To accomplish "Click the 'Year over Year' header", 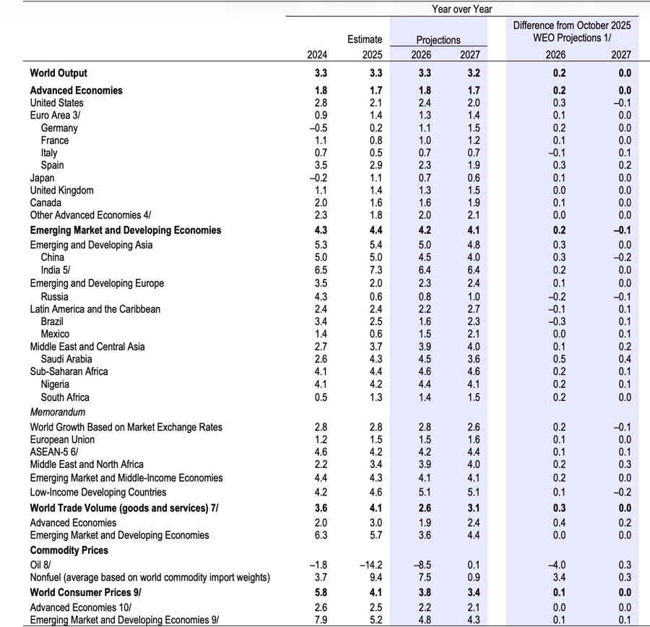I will click(x=462, y=9).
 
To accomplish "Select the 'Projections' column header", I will click(x=438, y=40).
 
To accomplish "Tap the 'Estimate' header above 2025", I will click(x=364, y=40).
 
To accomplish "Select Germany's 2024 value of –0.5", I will click(x=316, y=128).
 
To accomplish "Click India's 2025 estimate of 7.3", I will click(x=373, y=269).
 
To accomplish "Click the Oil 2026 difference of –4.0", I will click(x=555, y=564).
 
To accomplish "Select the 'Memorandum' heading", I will click(x=58, y=412).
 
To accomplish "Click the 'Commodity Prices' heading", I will click(x=69, y=550).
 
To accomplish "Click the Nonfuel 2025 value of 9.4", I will click(x=373, y=577).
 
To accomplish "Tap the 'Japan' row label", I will click(x=42, y=178).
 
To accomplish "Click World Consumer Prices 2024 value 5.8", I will click(x=318, y=592).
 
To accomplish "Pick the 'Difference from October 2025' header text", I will click(x=572, y=25).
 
